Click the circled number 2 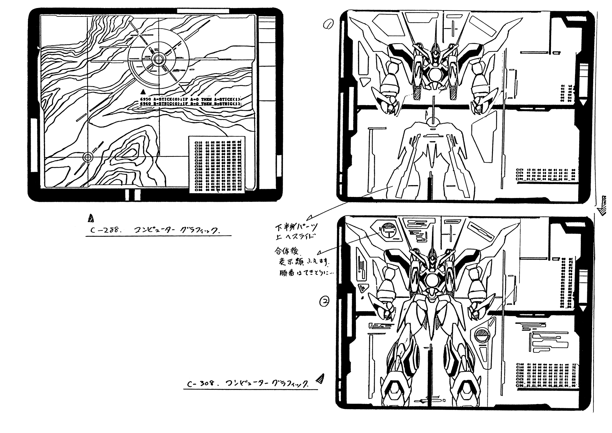coord(324,301)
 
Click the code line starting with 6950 coord(190,99)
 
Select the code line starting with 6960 coord(190,104)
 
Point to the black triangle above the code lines coord(142,92)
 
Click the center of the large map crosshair coord(158,59)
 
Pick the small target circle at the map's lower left coord(88,158)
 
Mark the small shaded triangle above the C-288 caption coord(91,218)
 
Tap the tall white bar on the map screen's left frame coord(34,145)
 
